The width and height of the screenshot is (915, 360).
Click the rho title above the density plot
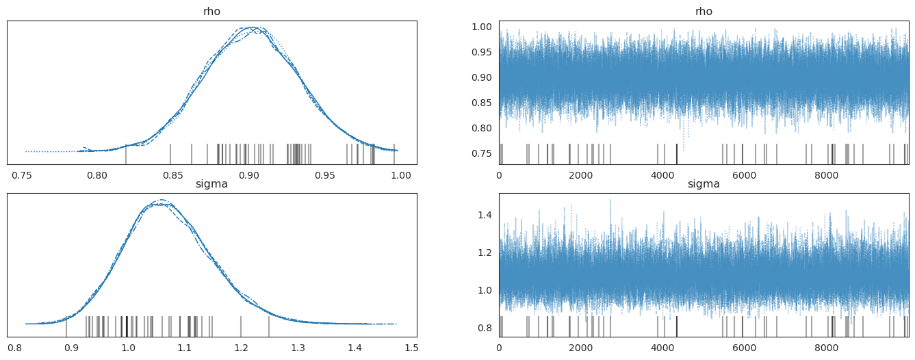coord(211,12)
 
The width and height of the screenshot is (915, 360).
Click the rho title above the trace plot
coord(704,12)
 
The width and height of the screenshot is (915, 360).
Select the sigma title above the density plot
coord(211,184)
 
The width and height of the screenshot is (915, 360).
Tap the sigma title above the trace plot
coord(704,184)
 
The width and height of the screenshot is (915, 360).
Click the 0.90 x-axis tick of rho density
coord(248,175)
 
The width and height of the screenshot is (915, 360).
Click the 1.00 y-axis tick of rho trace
coord(481,27)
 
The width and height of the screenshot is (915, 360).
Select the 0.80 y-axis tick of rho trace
coord(481,128)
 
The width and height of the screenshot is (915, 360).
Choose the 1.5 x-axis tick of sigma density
coord(411,348)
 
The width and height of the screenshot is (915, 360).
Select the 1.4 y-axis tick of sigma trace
coord(485,216)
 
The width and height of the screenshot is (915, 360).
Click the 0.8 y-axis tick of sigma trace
coord(485,328)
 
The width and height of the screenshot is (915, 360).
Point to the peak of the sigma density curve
coord(161,201)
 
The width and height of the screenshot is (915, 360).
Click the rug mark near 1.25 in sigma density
coord(269,326)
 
